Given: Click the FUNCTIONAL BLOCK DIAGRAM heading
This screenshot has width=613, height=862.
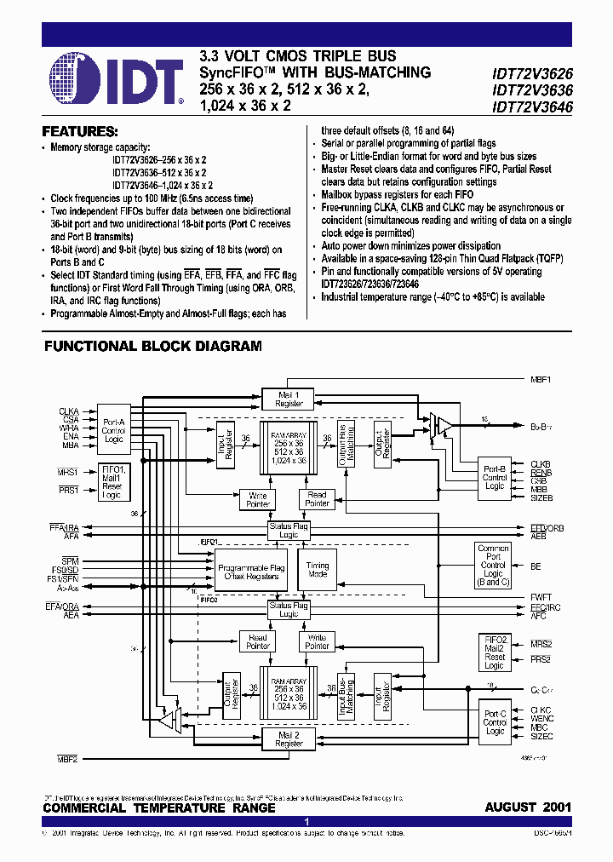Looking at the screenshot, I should (x=152, y=347).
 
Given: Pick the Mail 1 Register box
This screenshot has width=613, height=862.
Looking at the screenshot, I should (x=289, y=399).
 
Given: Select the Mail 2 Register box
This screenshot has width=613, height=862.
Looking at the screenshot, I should (x=289, y=738).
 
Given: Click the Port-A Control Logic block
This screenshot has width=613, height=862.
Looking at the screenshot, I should (x=113, y=428).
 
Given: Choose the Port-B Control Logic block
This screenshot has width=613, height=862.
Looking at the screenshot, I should (x=495, y=478).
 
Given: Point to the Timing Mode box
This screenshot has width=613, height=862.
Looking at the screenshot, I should (x=317, y=571).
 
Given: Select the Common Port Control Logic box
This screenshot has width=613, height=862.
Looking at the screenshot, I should (x=494, y=565).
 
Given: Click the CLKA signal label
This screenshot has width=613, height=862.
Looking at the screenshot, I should (x=69, y=411).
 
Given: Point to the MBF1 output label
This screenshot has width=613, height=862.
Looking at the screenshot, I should (x=541, y=378).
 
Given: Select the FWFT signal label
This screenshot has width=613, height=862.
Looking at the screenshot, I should (x=540, y=596).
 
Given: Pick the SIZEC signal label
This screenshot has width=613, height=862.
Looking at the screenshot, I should (x=541, y=740).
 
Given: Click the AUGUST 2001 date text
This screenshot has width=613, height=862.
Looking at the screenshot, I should (x=528, y=807).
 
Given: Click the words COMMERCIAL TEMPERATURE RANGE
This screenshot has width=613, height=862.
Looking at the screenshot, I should (x=159, y=807).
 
